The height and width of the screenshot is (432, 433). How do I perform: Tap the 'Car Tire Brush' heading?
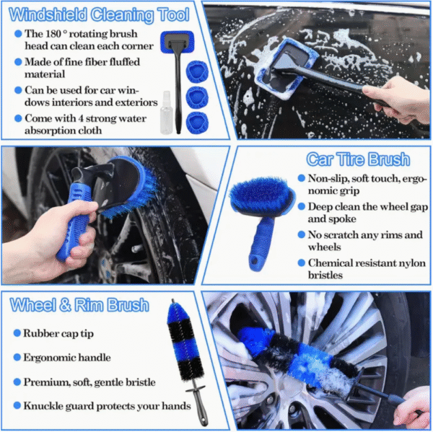coord(357,159)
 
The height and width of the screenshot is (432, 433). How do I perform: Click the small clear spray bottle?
coord(168,113)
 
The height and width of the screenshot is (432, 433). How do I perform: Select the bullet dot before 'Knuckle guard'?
coord(16,406)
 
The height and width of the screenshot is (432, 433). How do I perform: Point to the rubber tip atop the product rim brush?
coord(172,306)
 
